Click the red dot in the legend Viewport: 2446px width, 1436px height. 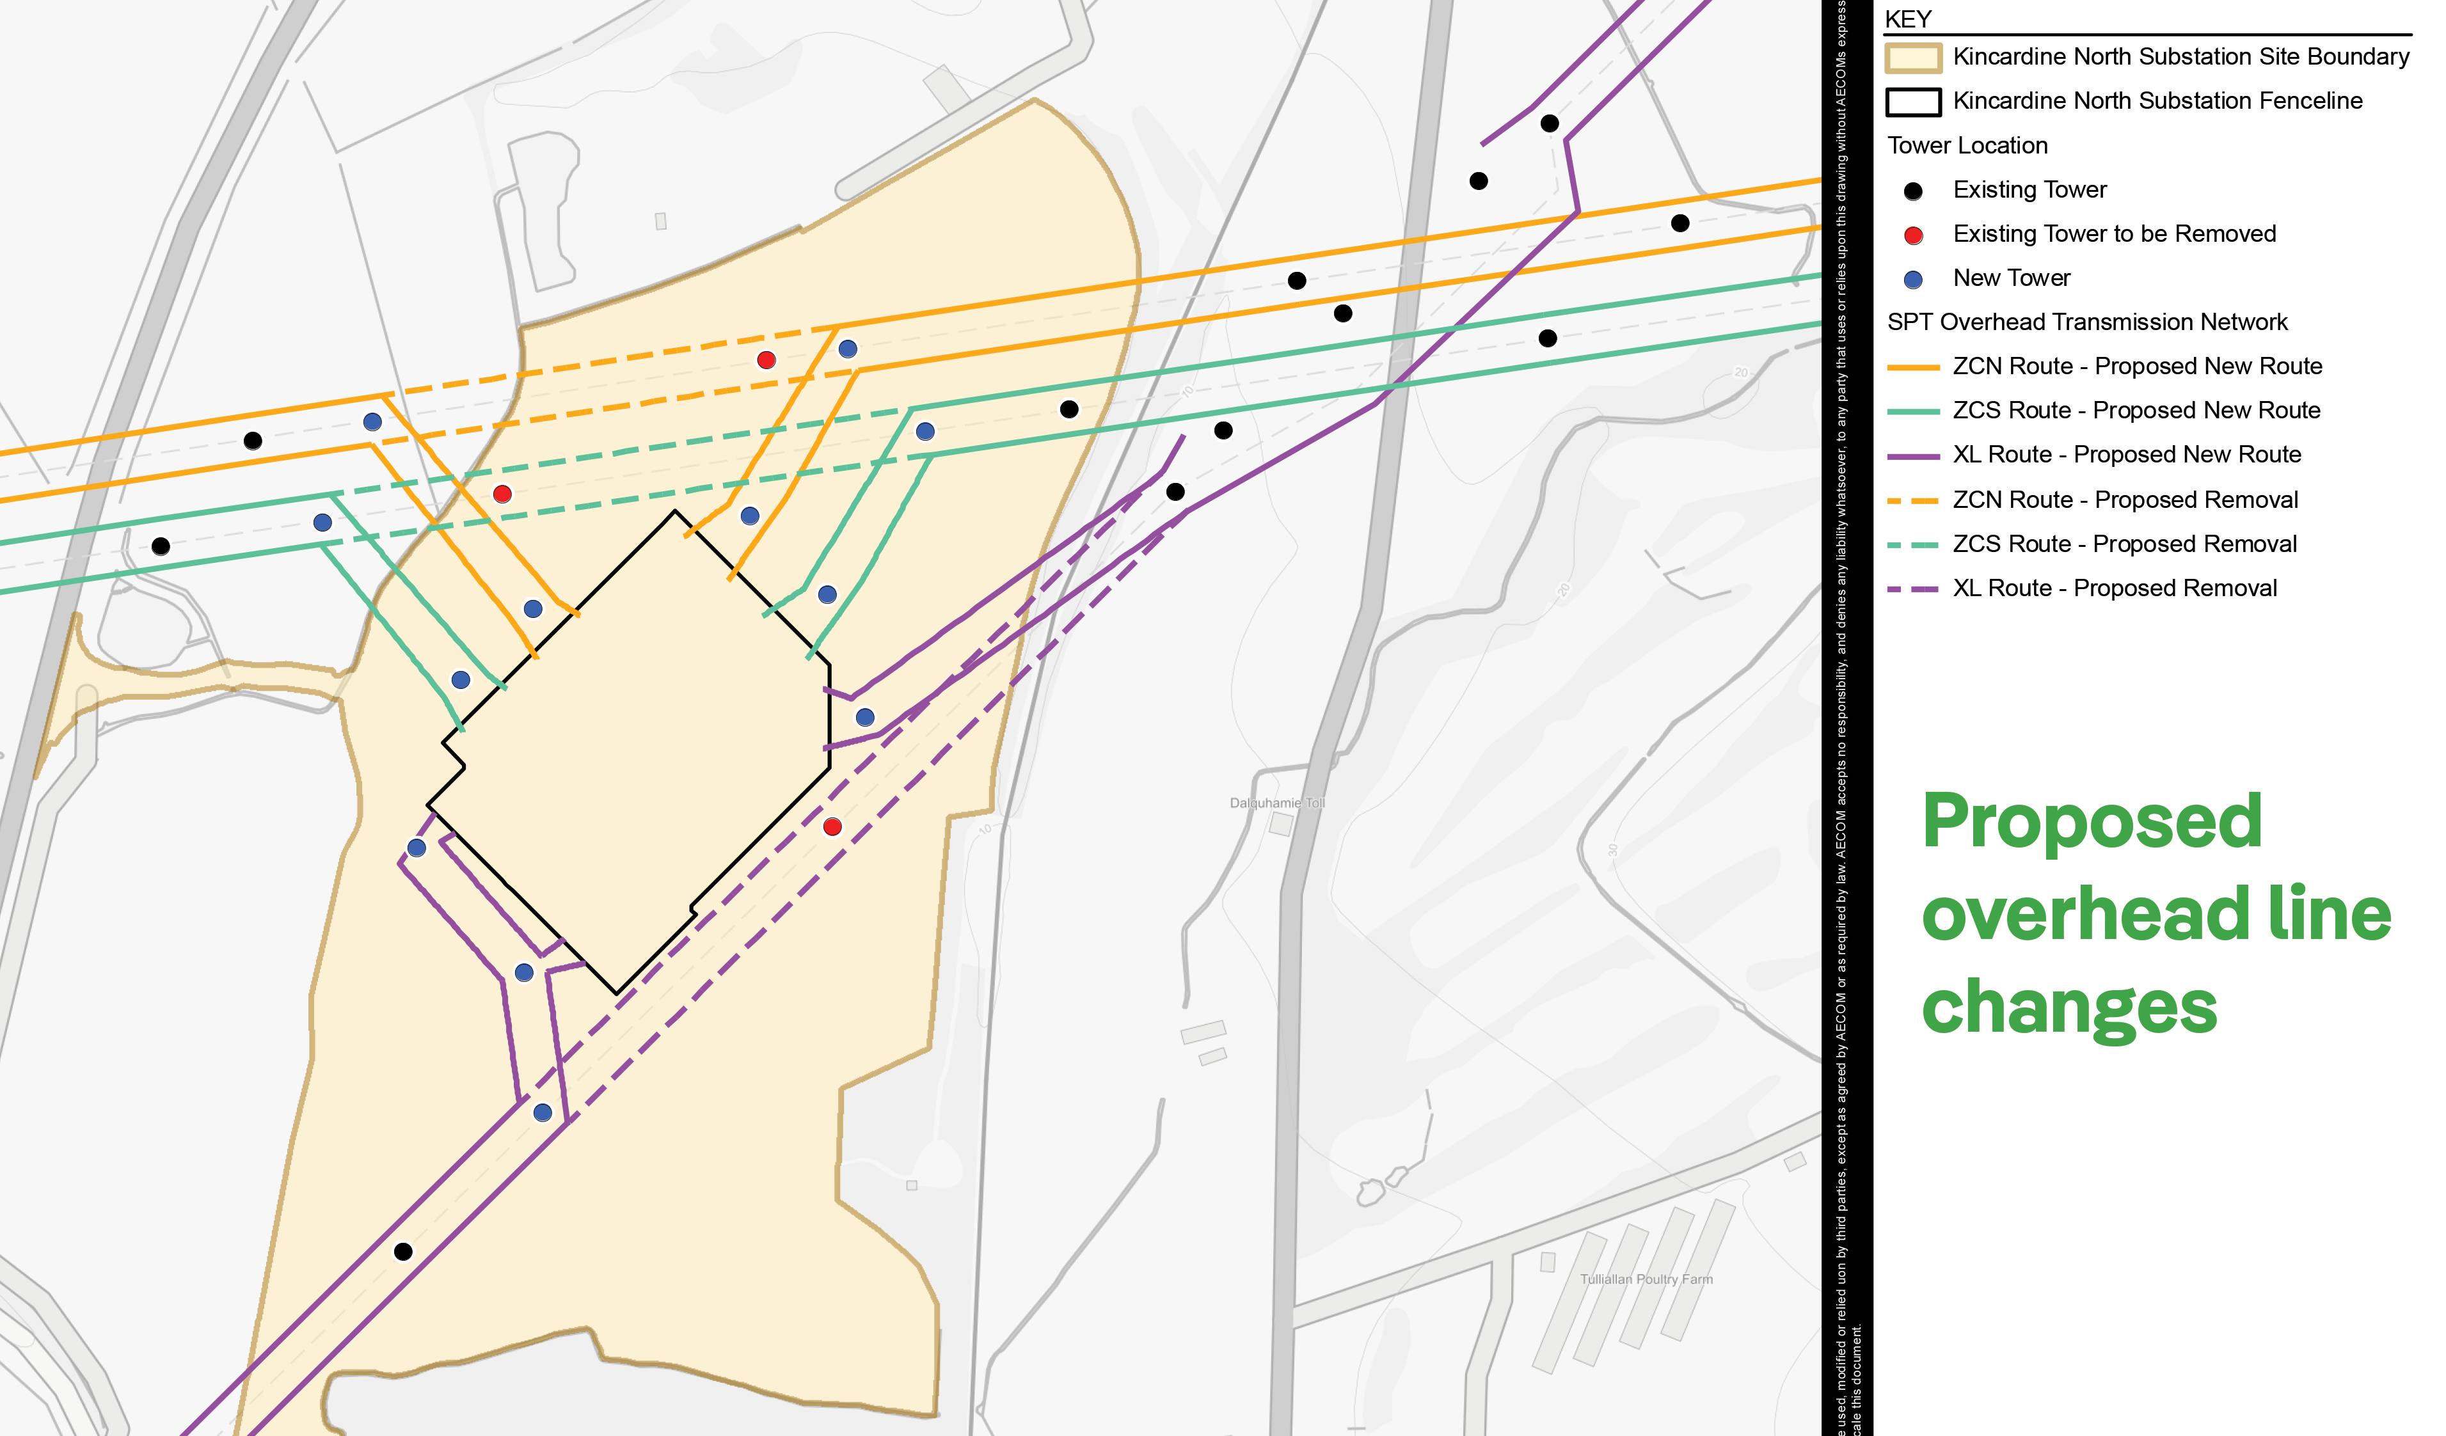click(x=1913, y=235)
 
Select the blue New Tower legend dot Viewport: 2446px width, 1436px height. click(x=1913, y=280)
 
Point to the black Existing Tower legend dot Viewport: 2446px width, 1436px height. click(x=1913, y=191)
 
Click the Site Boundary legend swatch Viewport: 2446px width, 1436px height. click(x=1912, y=57)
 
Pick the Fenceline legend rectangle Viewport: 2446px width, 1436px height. click(x=1912, y=102)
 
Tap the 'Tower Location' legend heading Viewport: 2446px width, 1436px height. click(x=1967, y=146)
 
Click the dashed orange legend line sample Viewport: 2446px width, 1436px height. click(x=1912, y=501)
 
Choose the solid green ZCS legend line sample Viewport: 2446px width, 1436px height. click(x=1912, y=411)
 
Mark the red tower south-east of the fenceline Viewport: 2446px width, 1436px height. click(x=832, y=826)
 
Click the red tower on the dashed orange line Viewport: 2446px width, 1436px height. click(x=766, y=360)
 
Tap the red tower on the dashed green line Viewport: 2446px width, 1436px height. click(x=502, y=494)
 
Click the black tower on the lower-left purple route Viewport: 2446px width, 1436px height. click(x=403, y=1252)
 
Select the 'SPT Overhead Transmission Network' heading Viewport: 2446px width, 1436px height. click(x=2087, y=322)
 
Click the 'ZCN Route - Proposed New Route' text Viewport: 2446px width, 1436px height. click(x=2136, y=367)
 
